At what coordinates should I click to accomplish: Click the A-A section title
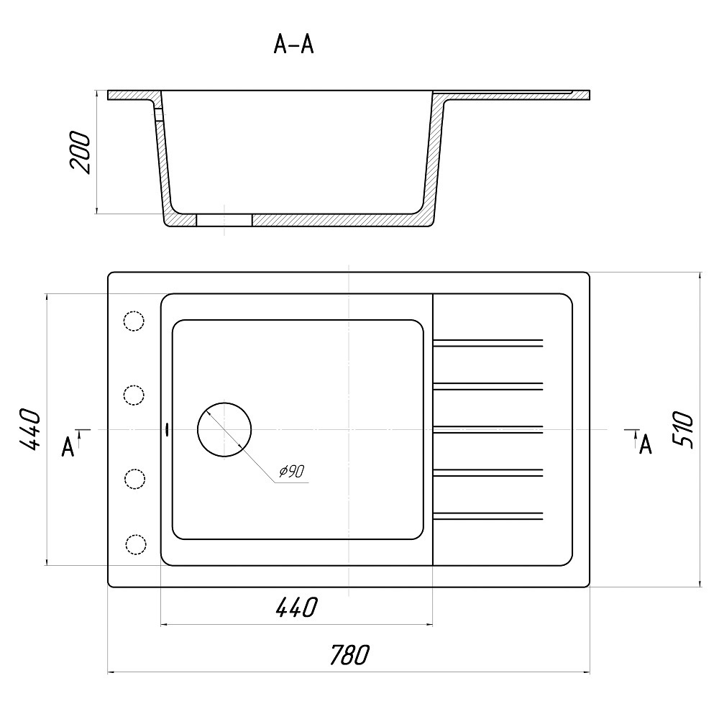293,45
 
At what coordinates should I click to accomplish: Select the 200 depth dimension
80,152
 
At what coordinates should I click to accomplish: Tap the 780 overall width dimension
349,655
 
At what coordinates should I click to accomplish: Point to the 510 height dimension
683,430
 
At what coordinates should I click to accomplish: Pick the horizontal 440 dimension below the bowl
297,607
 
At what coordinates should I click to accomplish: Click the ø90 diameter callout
292,471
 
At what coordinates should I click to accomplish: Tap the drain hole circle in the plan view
224,430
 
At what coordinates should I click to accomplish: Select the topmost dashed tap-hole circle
134,320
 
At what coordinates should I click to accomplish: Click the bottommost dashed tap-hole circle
135,544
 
